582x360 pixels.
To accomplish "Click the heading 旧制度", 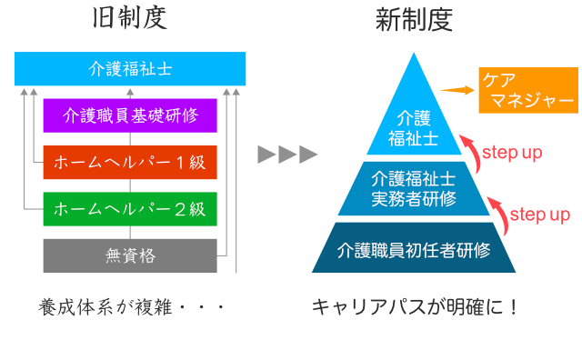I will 131,20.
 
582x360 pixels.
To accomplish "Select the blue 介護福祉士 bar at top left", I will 130,68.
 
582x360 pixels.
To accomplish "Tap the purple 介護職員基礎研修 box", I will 130,115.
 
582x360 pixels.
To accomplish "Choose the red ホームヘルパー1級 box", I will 130,163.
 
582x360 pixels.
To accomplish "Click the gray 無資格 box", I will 130,256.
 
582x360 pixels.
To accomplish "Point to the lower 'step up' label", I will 539,215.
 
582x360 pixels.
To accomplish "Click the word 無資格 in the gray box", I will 130,256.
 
